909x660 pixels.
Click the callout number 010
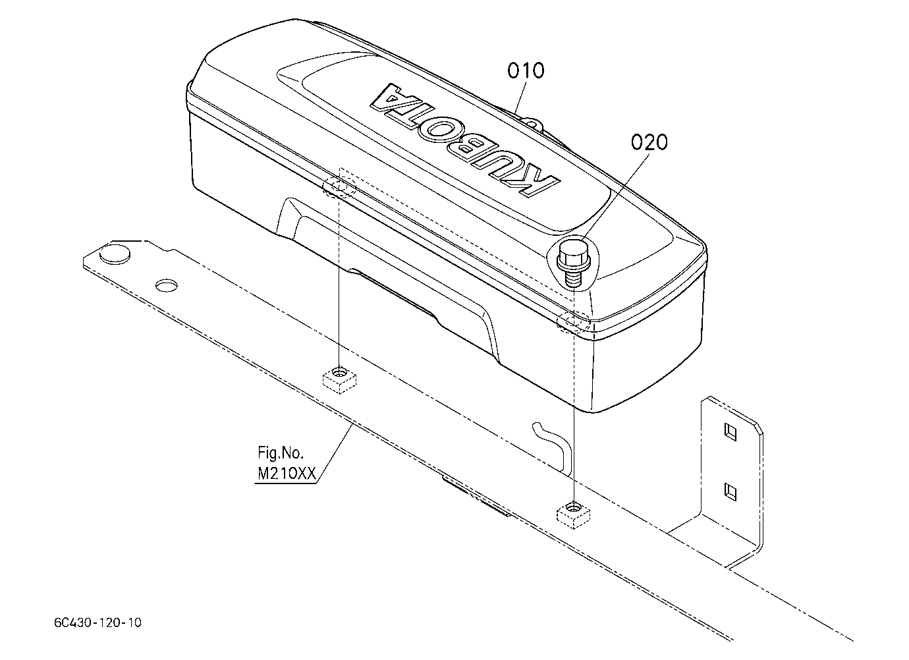point(526,70)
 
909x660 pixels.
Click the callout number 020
point(649,142)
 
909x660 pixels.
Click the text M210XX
point(287,474)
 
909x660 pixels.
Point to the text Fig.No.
point(281,453)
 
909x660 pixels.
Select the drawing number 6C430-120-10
point(97,622)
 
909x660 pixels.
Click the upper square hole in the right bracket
point(730,431)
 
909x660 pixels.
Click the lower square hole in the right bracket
point(730,492)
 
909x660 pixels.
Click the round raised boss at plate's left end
point(115,252)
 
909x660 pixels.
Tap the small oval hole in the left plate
point(167,286)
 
